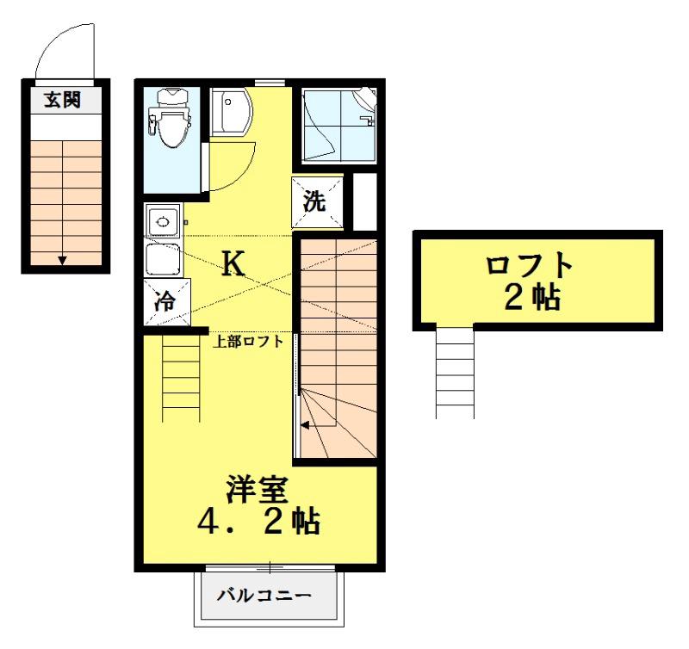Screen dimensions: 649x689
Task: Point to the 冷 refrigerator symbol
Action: coord(163,301)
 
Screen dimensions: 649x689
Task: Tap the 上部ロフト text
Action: coord(249,340)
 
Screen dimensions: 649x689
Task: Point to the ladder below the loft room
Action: coord(456,370)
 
